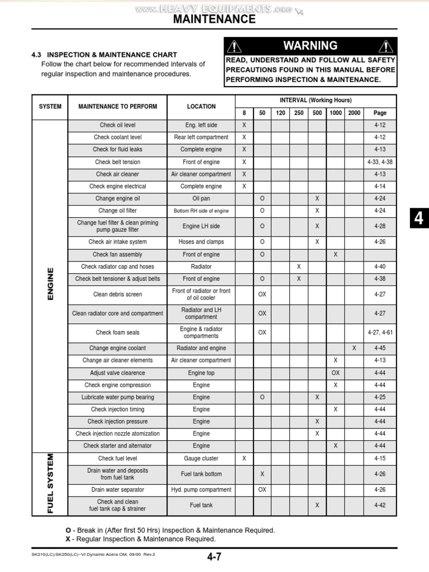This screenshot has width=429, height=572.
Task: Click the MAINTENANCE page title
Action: [214, 20]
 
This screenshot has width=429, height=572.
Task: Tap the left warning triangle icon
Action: [235, 46]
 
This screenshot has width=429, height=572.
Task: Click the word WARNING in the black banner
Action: [310, 46]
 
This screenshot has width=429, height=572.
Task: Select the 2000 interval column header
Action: [354, 113]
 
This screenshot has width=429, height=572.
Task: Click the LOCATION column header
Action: [201, 106]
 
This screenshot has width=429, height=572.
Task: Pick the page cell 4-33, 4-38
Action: [380, 162]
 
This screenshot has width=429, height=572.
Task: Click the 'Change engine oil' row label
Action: [117, 198]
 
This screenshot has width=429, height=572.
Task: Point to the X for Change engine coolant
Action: [354, 348]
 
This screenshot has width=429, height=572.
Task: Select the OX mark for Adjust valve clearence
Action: [336, 373]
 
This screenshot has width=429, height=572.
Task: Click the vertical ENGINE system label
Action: [50, 284]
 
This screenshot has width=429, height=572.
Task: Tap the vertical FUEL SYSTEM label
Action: [50, 483]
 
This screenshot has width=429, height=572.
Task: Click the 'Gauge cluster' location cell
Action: [201, 458]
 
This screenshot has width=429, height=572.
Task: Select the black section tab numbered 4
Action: [418, 219]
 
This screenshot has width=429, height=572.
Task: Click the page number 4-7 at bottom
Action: [214, 556]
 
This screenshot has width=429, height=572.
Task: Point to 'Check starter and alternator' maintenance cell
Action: [117, 446]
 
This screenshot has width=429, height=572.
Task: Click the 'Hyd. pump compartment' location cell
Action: [201, 489]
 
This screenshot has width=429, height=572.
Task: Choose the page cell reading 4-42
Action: [380, 505]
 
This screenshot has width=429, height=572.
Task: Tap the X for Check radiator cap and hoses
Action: [299, 266]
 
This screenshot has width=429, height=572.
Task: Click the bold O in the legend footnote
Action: [68, 530]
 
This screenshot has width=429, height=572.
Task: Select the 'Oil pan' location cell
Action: [201, 198]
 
